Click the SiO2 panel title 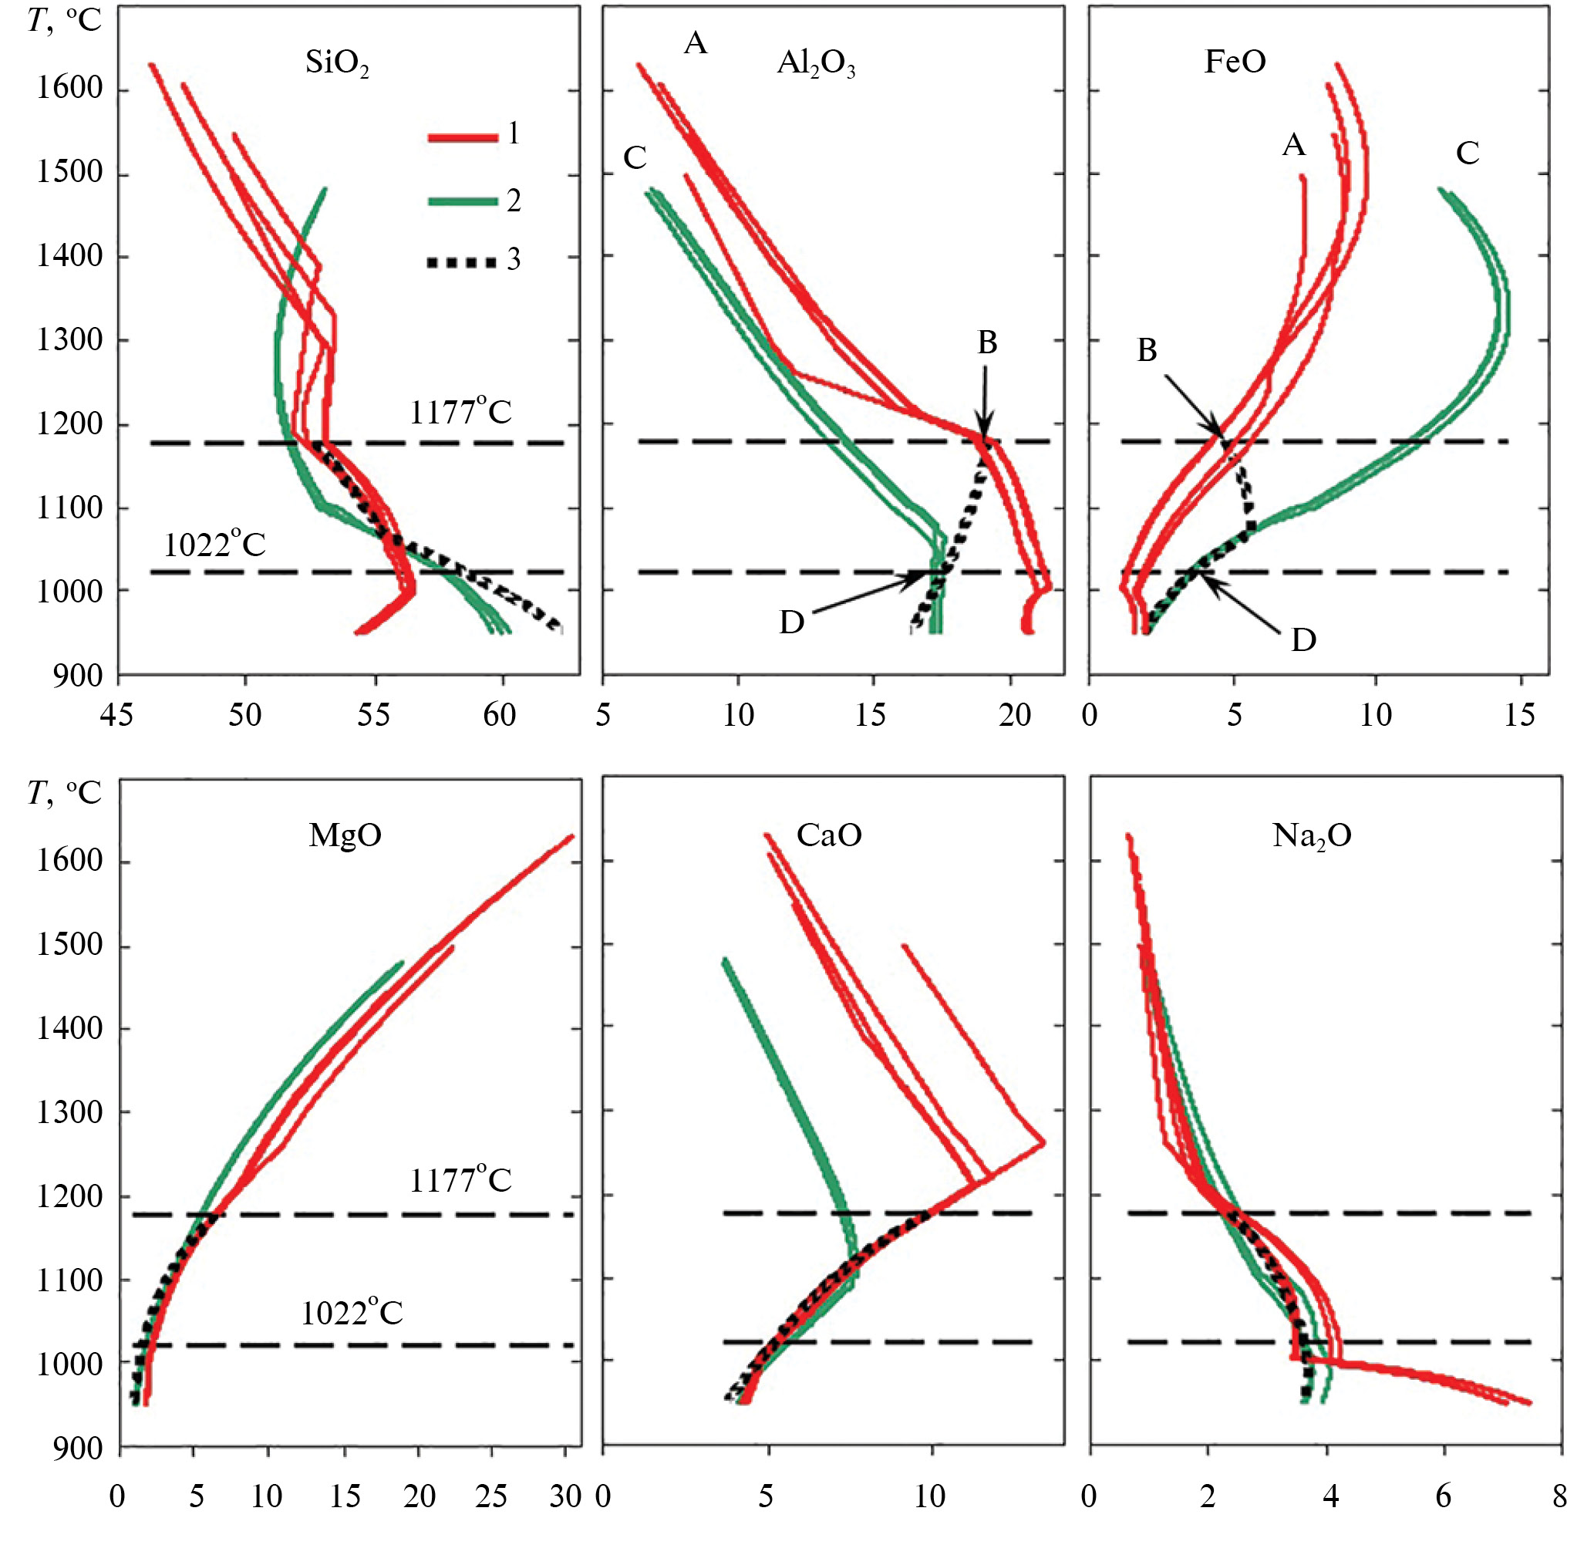[336, 63]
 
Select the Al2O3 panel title [816, 63]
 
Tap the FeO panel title [1235, 61]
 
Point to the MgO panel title [345, 835]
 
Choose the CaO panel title [829, 835]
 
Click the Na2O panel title [1312, 835]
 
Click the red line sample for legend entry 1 [462, 137]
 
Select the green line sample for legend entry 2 [462, 201]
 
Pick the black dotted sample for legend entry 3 [462, 262]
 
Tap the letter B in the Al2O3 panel [987, 343]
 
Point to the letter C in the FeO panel [1468, 153]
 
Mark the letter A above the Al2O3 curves [695, 43]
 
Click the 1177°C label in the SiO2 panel [460, 413]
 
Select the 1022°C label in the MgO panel [352, 1314]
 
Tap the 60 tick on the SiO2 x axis [500, 717]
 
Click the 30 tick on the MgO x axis [565, 1496]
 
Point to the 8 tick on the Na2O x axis [1560, 1496]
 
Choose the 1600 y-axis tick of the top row [69, 88]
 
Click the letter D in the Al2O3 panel [791, 623]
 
